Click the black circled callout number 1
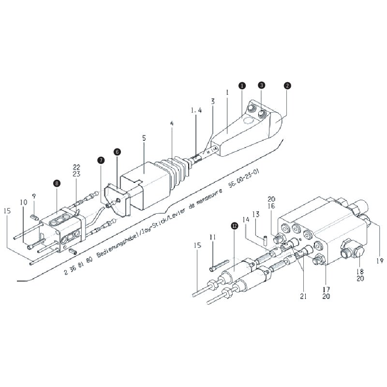(242, 85)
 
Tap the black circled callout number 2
(287, 85)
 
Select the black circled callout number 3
(261, 85)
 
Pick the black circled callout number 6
(117, 151)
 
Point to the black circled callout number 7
(101, 160)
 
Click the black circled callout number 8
(57, 183)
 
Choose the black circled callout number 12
(234, 225)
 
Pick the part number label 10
(23, 201)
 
